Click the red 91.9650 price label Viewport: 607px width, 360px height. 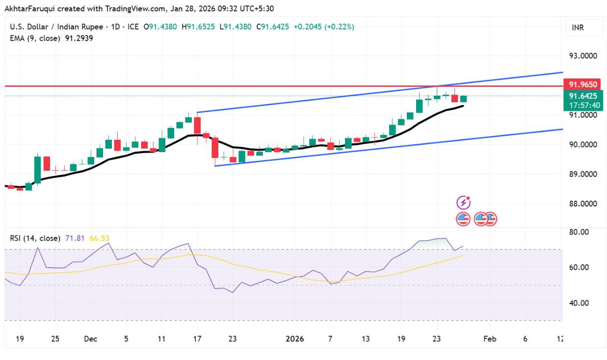[583, 84]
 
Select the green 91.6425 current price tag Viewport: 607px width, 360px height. [583, 96]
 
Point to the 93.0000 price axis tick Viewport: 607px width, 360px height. [583, 56]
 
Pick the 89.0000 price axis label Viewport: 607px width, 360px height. [583, 174]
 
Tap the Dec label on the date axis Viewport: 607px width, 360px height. [90, 339]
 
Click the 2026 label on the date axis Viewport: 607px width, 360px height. [294, 339]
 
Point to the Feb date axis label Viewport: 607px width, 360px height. [489, 339]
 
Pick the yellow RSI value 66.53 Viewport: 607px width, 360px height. [99, 238]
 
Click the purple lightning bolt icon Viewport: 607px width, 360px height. [464, 203]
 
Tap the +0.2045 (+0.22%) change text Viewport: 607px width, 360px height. [324, 27]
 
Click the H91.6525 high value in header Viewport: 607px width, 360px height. [198, 27]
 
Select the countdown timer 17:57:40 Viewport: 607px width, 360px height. [583, 105]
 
